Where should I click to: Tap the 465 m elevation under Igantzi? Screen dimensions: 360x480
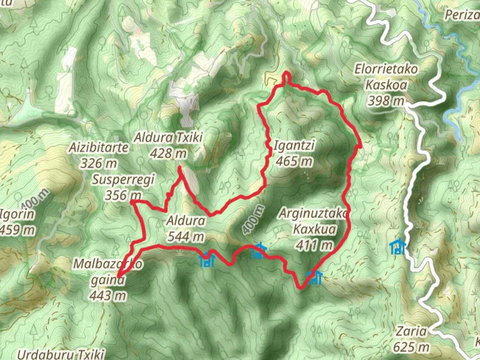point(294,162)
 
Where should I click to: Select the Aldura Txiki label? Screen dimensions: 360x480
point(168,137)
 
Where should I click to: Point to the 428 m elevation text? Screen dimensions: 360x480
point(168,154)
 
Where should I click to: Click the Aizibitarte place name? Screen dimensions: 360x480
point(99,147)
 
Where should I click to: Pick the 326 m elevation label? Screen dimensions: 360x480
point(99,163)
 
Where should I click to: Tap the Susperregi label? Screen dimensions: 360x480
point(123,180)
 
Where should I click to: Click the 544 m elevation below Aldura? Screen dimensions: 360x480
point(186,237)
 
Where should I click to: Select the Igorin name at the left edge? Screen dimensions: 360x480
point(17,214)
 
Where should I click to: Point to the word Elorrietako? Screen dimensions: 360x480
point(386,69)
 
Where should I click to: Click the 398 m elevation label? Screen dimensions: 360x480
point(386,100)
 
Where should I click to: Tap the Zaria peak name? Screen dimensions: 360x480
point(411,331)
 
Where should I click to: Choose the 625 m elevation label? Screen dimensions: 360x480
point(411,347)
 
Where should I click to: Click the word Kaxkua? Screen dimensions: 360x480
point(314,229)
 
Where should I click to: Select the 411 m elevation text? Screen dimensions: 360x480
point(314,245)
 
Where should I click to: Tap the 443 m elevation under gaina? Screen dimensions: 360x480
point(108,295)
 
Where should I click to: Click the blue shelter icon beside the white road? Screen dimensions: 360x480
point(398,247)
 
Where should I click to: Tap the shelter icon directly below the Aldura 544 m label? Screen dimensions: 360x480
point(207,260)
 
